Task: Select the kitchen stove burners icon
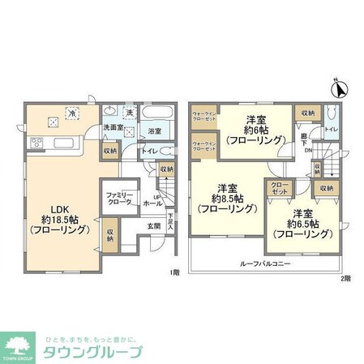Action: click(x=36, y=144)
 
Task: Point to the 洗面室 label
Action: click(x=112, y=130)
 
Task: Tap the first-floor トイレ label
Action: click(x=149, y=151)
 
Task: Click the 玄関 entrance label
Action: click(x=154, y=226)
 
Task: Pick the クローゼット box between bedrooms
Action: click(x=278, y=188)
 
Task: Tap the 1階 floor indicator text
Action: click(x=175, y=272)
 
